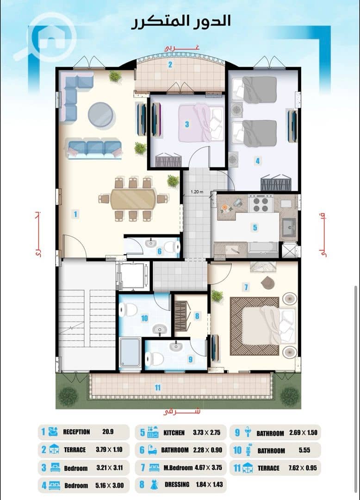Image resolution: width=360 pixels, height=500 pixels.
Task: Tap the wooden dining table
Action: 133,199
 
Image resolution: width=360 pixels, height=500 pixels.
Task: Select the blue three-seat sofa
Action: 94,149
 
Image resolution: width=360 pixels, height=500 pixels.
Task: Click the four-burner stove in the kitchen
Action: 261,204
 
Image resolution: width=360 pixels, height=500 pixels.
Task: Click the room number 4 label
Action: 257,161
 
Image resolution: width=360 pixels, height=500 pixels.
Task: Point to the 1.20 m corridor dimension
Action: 197,192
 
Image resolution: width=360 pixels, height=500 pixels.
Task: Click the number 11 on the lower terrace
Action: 157,387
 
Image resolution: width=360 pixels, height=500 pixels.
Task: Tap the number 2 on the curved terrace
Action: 170,65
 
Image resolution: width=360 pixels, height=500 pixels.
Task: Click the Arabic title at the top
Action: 181,22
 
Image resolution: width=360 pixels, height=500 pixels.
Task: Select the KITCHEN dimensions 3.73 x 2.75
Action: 206,432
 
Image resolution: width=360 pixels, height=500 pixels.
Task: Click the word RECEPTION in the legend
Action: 76,432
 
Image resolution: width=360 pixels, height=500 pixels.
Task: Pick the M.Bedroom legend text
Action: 178,468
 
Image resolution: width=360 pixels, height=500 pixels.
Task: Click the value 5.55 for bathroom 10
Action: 304,450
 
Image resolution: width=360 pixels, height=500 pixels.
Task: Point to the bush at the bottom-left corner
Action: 68,396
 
